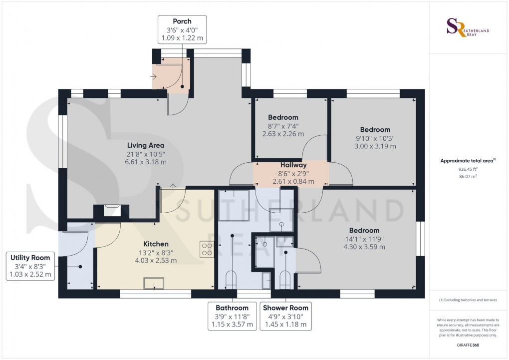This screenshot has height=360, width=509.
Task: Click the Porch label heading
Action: click(x=182, y=21)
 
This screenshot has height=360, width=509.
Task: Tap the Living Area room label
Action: click(x=145, y=145)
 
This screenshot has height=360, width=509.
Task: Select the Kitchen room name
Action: click(x=156, y=244)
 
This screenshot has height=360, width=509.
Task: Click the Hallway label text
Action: click(x=293, y=165)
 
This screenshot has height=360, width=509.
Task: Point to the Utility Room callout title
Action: click(x=30, y=258)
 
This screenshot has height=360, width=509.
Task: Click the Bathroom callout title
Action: click(x=232, y=308)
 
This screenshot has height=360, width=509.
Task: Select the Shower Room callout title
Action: click(x=285, y=308)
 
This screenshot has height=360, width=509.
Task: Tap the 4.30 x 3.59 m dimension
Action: click(x=364, y=247)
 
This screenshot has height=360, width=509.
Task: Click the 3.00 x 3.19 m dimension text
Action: click(x=375, y=146)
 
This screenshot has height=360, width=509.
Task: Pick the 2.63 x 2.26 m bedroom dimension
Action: click(x=283, y=133)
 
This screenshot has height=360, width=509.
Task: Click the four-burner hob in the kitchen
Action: click(x=207, y=249)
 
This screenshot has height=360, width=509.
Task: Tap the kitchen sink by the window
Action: click(x=154, y=283)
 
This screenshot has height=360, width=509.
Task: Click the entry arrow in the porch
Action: click(x=154, y=77)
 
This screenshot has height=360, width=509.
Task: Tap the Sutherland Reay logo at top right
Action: click(x=468, y=27)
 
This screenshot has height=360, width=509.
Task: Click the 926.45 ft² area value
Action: click(x=468, y=169)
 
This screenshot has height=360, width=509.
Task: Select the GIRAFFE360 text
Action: click(x=468, y=345)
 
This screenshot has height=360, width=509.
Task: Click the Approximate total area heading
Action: click(x=468, y=160)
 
